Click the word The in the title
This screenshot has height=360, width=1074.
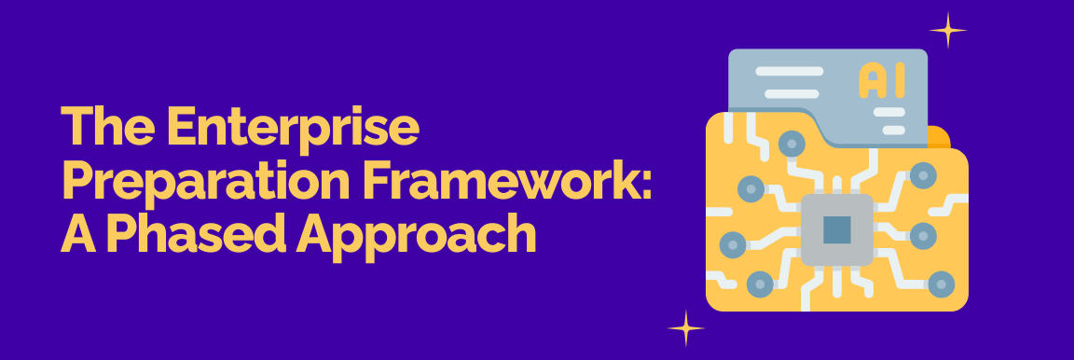pyautogui.click(x=101, y=128)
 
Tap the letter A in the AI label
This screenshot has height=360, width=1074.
pyautogui.click(x=870, y=80)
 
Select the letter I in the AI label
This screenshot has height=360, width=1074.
pyautogui.click(x=898, y=80)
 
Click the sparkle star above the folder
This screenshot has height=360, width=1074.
pyautogui.click(x=948, y=31)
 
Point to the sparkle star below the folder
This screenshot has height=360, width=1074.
pyautogui.click(x=685, y=328)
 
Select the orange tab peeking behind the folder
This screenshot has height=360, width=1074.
pyautogui.click(x=940, y=137)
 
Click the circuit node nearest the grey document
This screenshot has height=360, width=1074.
pyautogui.click(x=792, y=143)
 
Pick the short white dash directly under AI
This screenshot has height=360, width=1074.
pyautogui.click(x=889, y=113)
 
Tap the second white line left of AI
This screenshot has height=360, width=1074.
pyautogui.click(x=780, y=93)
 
